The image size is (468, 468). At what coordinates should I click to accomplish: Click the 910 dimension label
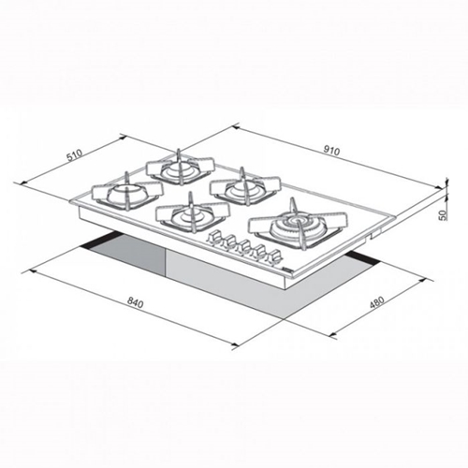tap(331, 151)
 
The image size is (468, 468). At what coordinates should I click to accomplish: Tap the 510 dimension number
tap(75, 155)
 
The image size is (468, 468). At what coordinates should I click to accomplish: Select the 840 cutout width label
tap(135, 302)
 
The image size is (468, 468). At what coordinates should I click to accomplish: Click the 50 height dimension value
tap(443, 215)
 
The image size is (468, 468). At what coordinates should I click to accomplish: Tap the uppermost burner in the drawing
tap(181, 168)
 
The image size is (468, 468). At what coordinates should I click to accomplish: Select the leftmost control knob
tap(214, 237)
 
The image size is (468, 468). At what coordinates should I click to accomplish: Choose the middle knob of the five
tap(245, 246)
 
